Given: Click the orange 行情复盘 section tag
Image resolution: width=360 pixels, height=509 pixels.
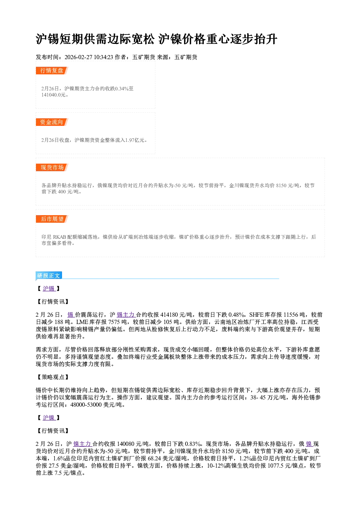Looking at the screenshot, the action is pyautogui.click(x=52, y=70).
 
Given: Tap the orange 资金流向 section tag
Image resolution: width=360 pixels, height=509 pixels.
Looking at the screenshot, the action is pyautogui.click(x=52, y=122).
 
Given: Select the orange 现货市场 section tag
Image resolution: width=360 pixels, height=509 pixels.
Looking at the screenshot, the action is pyautogui.click(x=52, y=168).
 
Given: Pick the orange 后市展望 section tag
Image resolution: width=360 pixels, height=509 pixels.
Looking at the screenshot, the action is pyautogui.click(x=52, y=219).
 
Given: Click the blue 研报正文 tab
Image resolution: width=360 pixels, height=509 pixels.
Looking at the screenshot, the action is pyautogui.click(x=49, y=276).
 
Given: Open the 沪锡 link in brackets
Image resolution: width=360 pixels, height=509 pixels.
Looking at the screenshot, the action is pyautogui.click(x=49, y=288).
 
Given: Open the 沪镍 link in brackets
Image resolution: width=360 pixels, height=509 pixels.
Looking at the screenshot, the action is pyautogui.click(x=49, y=418).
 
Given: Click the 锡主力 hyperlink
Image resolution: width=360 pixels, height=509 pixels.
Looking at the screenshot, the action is pyautogui.click(x=126, y=315).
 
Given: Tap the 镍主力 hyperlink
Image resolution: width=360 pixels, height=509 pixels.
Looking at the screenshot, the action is pyautogui.click(x=82, y=444).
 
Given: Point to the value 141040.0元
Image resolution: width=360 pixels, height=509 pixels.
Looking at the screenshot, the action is pyautogui.click(x=54, y=95).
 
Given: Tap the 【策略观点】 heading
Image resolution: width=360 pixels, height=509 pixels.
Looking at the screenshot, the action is pyautogui.click(x=53, y=377).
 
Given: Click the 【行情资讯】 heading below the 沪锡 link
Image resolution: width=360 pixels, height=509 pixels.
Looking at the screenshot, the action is pyautogui.click(x=53, y=301).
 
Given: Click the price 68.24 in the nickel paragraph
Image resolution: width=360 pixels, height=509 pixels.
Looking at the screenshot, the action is pyautogui.click(x=154, y=458).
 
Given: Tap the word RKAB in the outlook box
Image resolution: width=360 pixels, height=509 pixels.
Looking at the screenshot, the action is pyautogui.click(x=60, y=237).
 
